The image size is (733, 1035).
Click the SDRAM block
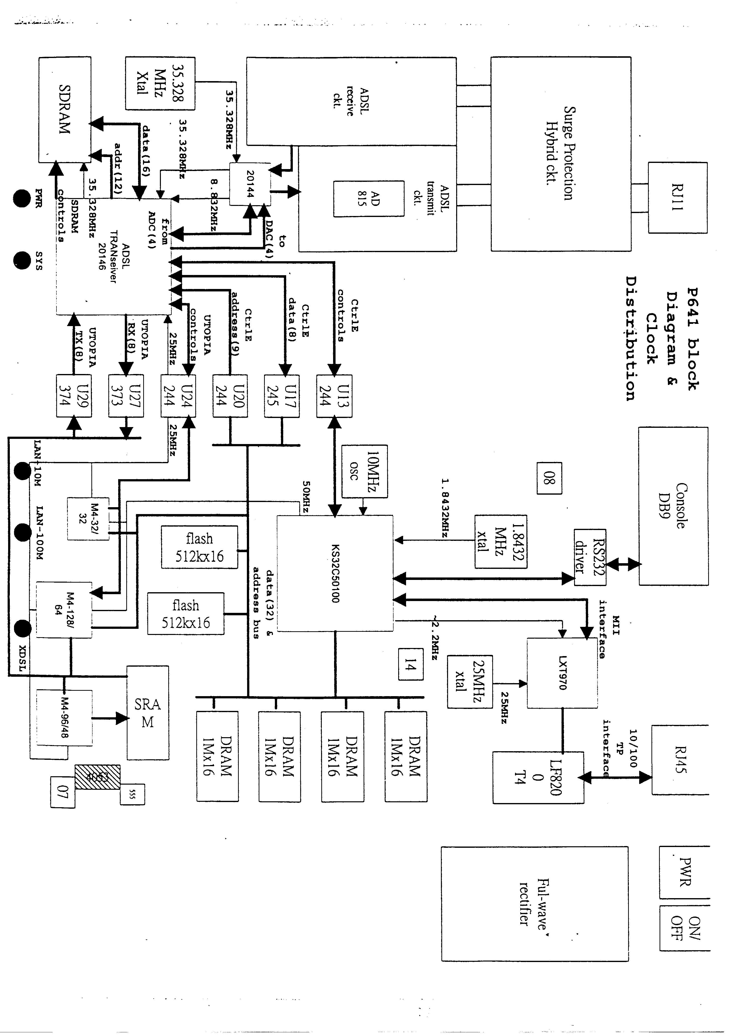pos(65,109)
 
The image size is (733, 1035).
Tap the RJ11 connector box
pos(677,198)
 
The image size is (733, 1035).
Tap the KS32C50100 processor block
pos(335,573)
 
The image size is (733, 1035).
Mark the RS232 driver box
pos(590,558)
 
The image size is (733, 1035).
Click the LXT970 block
pos(562,673)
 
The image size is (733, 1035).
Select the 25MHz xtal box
pos(469,682)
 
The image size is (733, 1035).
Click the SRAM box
pos(148,713)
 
